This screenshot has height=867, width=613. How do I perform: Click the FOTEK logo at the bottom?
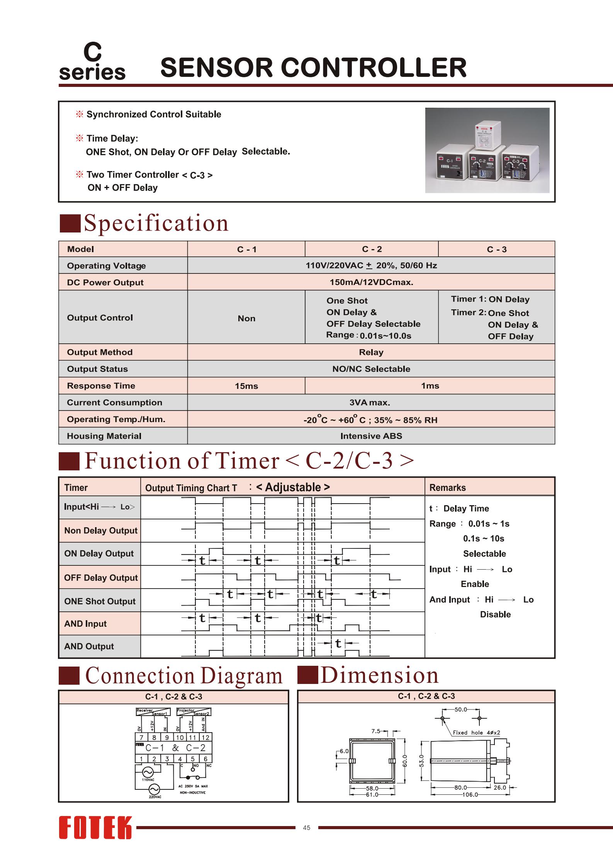95,828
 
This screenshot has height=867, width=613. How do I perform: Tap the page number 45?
307,828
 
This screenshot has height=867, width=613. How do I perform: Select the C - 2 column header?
372,249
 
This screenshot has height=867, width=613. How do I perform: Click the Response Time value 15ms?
246,386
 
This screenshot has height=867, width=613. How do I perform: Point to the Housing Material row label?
104,436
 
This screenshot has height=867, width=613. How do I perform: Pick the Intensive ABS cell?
371,436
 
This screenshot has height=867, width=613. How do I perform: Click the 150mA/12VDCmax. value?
371,282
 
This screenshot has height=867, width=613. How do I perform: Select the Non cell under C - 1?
246,318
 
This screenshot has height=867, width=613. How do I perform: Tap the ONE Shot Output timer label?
100,601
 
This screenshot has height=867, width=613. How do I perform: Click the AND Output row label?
89,646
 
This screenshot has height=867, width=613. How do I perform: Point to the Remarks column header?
448,488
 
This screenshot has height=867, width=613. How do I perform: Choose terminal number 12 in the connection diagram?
205,737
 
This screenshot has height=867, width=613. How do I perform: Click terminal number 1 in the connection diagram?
141,759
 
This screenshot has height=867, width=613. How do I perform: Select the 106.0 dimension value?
470,795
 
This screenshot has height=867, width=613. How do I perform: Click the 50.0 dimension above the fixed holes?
461,709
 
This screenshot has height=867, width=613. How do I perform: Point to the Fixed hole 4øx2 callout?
476,733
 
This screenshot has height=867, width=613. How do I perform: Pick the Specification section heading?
156,223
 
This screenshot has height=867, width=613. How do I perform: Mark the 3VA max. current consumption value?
370,402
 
